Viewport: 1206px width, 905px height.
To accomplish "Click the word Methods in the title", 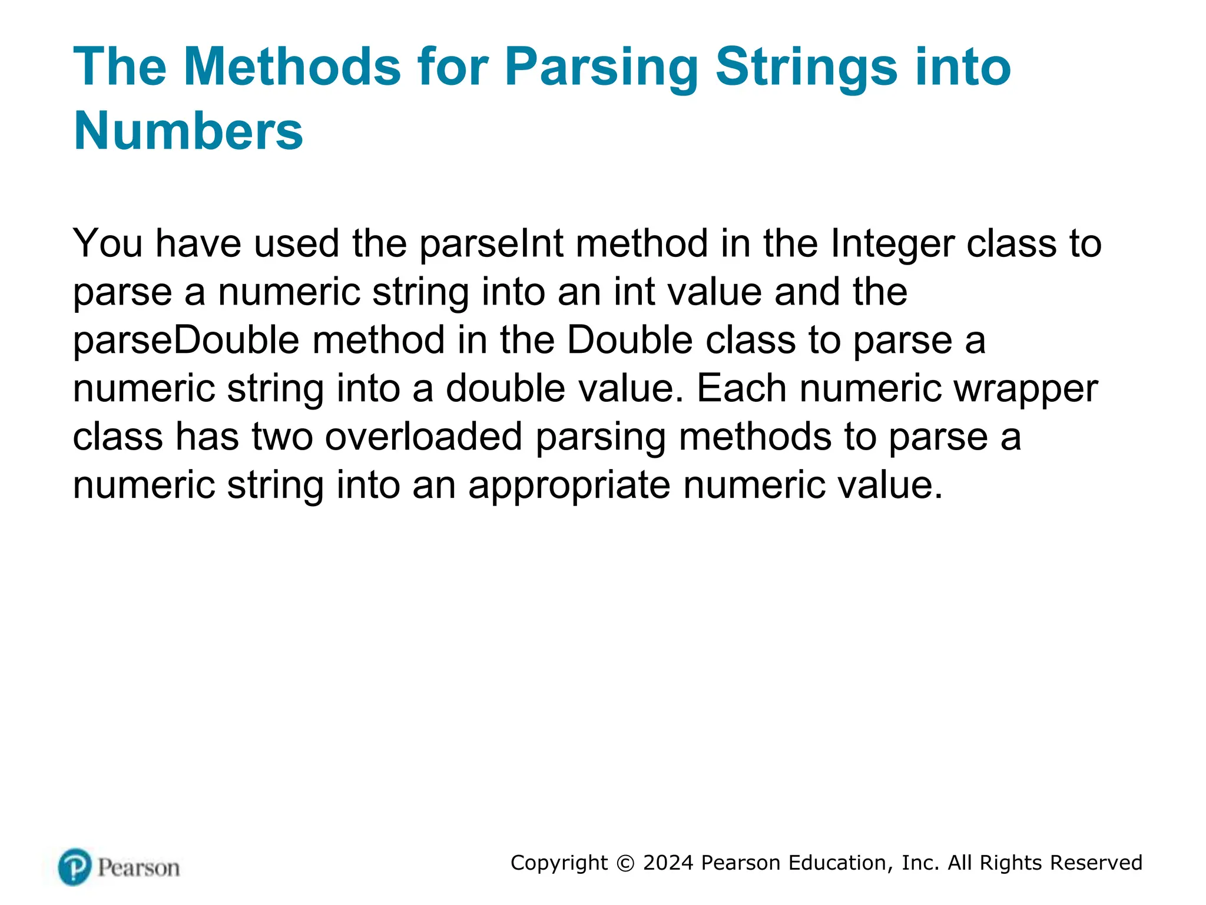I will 292,67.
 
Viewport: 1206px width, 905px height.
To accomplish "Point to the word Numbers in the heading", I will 188,131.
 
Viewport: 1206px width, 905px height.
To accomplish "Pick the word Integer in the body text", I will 892,244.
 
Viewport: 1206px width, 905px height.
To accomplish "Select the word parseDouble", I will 186,341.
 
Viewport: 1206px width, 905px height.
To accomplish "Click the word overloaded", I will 423,437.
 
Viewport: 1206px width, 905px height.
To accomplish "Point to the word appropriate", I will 569,485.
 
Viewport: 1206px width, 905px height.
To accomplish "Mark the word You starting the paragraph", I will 107,244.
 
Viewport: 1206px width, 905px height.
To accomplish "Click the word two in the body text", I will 282,437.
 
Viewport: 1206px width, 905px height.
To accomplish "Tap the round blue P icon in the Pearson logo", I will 75,867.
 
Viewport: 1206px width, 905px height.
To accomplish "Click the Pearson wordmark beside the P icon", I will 138,868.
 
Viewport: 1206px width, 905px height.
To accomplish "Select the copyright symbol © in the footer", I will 625,863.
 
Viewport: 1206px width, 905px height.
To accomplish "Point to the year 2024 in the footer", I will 668,863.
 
